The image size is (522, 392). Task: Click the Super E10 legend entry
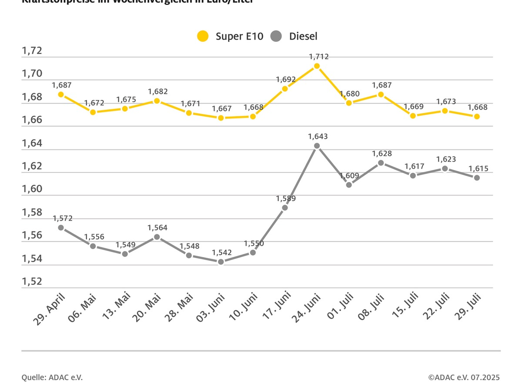(230, 36)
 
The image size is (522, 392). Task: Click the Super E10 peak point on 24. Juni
(317, 66)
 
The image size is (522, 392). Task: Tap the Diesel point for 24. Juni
(317, 146)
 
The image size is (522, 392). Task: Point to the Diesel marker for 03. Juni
(221, 262)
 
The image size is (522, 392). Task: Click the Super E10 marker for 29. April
(61, 95)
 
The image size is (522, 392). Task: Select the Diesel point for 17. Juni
(285, 208)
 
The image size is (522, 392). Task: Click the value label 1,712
(318, 57)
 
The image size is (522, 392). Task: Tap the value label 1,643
(318, 136)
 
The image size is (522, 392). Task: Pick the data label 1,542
(222, 253)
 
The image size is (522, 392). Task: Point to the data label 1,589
(286, 199)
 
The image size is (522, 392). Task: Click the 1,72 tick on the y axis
(32, 51)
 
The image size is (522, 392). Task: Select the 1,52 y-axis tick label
(32, 281)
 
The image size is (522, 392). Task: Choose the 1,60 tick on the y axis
(32, 189)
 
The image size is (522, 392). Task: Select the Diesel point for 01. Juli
(349, 185)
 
